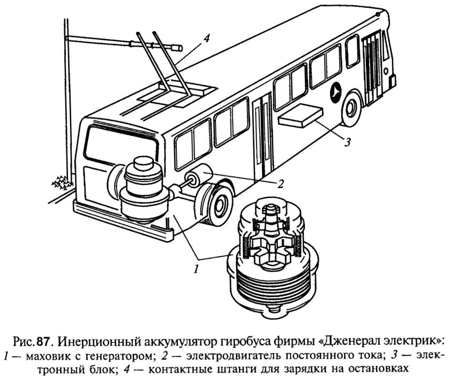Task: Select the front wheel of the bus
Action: click(x=351, y=107)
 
